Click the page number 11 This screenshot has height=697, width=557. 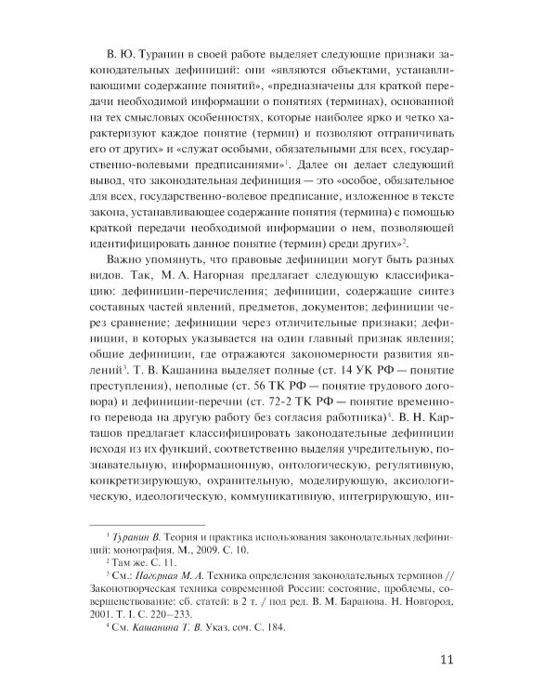point(443,661)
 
